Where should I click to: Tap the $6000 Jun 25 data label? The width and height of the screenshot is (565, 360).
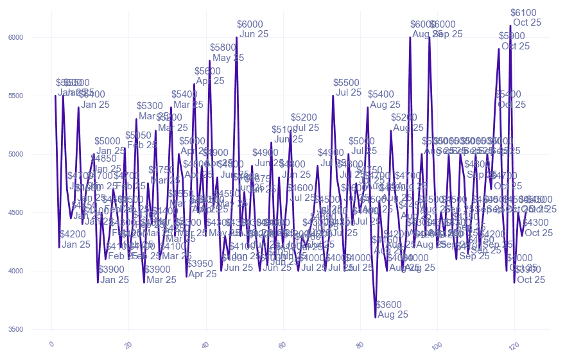251,29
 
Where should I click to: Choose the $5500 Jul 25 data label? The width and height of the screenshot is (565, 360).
347,87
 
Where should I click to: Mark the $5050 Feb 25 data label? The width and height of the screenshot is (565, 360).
141,140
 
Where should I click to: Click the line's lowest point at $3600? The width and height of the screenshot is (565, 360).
376,317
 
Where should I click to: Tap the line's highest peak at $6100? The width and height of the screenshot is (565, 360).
510,26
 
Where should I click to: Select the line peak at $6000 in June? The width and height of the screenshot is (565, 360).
237,37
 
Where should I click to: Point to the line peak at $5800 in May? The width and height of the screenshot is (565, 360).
209,61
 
